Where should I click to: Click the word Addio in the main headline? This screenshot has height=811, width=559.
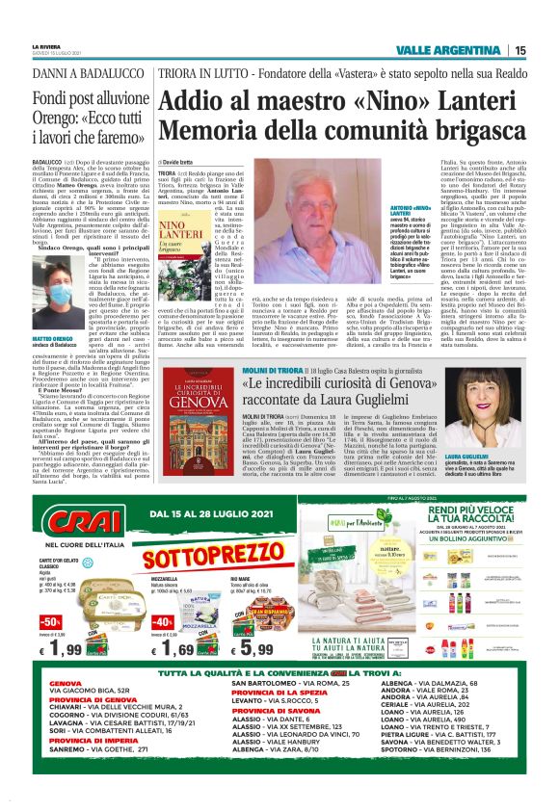[197, 100]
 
